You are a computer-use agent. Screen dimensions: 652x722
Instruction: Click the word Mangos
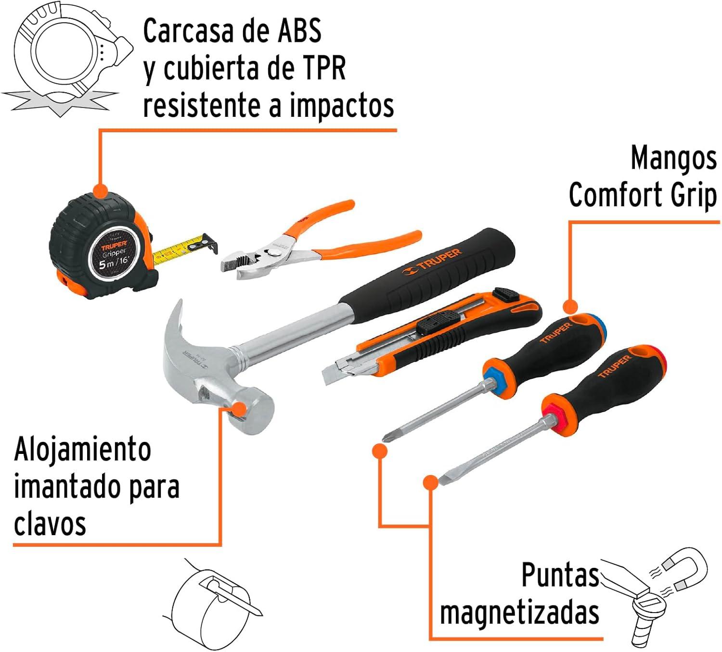tap(673, 158)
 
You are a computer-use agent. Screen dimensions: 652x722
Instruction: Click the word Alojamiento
tap(83, 450)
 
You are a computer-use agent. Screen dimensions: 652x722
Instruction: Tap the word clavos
tap(50, 524)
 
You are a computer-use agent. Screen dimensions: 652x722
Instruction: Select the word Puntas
tap(560, 575)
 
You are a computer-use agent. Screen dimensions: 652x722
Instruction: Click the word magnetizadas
tap(519, 613)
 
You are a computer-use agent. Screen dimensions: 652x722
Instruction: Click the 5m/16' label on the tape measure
tap(114, 263)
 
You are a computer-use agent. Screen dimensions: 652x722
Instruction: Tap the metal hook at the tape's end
tap(210, 243)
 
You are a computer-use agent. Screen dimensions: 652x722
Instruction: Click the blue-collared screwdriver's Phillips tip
tap(386, 438)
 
